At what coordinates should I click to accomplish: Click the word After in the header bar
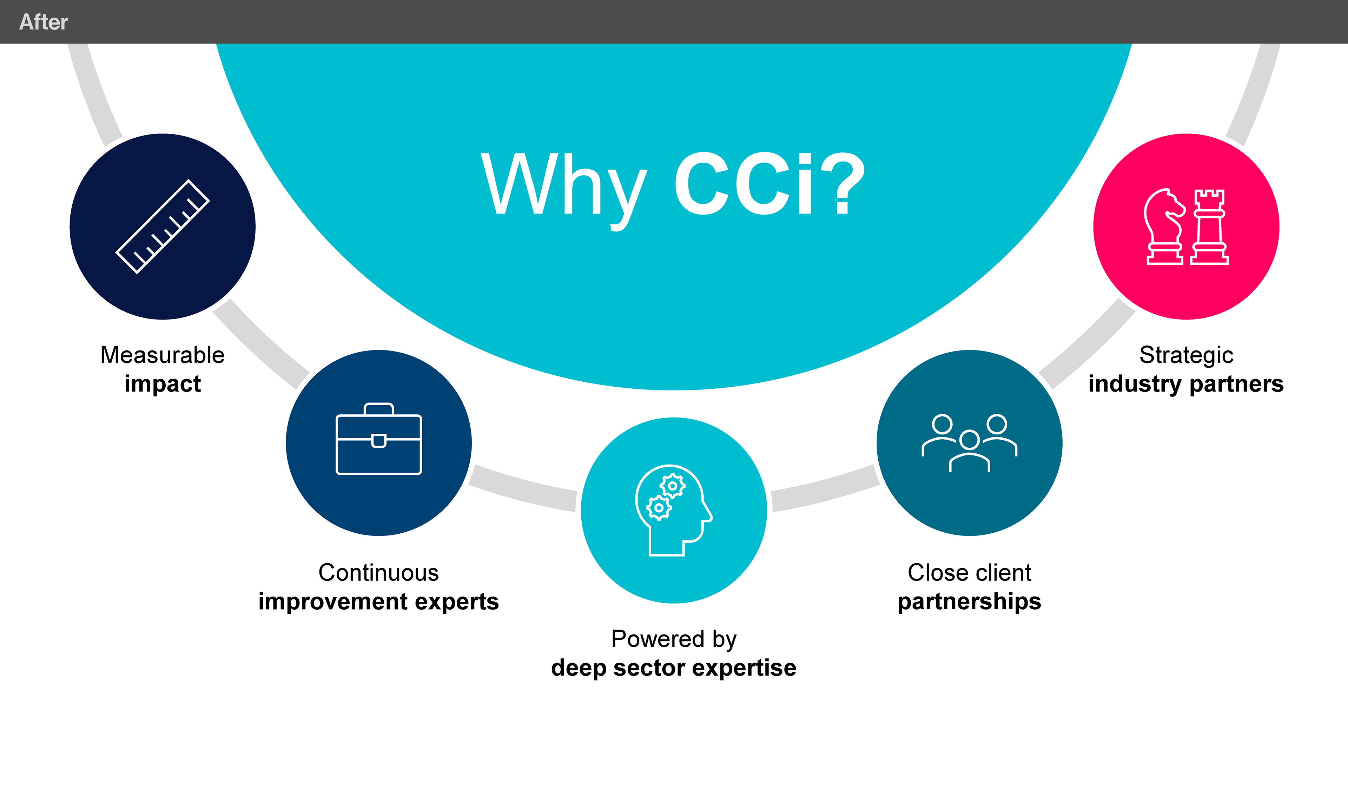pos(43,22)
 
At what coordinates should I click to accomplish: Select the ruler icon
pos(162,226)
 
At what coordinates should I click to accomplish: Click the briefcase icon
pos(379,439)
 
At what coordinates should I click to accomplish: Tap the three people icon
pos(969,442)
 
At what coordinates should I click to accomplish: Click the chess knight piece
pos(1164,227)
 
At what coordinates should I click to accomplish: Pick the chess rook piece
pos(1209,227)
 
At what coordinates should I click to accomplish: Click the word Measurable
pos(162,355)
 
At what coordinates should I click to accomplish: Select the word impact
pos(162,384)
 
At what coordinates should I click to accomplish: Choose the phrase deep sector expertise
pos(674,668)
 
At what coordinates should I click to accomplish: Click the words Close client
pos(969,572)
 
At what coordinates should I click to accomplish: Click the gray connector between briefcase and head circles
pos(523,488)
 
